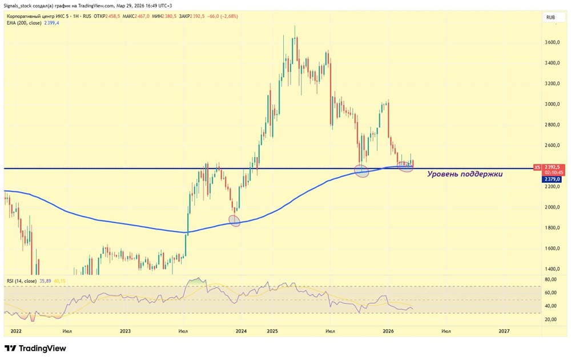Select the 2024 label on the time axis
(241, 331)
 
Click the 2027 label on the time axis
(504, 331)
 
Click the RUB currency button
(551, 18)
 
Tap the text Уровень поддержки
(465, 174)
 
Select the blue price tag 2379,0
(553, 179)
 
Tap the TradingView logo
(35, 348)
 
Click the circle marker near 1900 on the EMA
(234, 221)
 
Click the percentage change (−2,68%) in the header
(224, 17)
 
